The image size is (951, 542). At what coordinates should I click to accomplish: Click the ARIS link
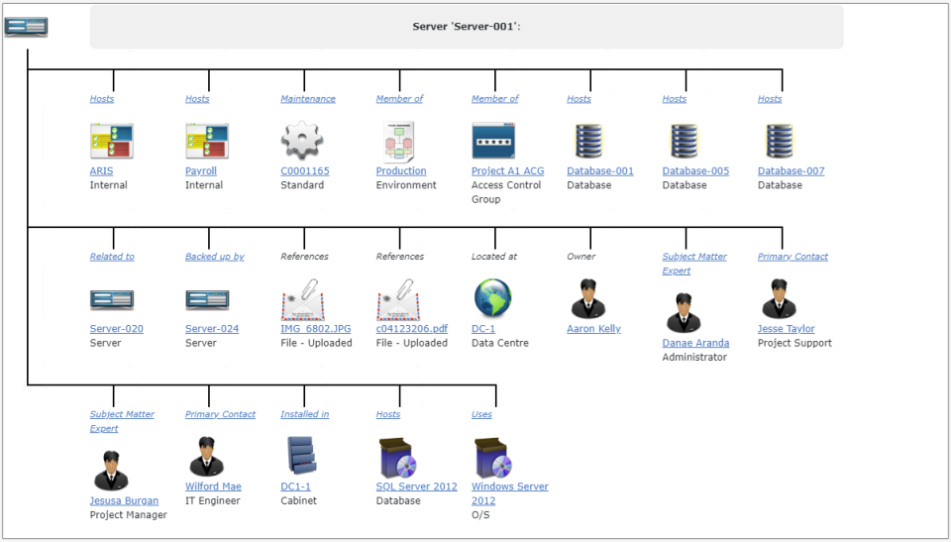coord(101,171)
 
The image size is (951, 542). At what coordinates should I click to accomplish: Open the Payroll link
coord(201,171)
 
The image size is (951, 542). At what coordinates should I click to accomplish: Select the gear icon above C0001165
coord(302,141)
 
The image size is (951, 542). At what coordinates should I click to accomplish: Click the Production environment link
coord(401,171)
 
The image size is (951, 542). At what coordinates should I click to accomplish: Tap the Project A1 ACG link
coord(507,171)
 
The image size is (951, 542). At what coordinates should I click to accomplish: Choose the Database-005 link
coord(695,171)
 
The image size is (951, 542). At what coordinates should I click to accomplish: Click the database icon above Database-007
coord(782,141)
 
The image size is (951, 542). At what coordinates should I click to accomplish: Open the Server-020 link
coord(116,329)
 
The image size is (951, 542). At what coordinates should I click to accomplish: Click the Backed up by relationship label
coord(215,257)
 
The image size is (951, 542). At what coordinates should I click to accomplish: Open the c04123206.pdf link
coord(411,329)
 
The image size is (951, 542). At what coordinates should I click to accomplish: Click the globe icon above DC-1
coord(492,298)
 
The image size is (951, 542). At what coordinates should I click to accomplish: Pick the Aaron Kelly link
coord(593,329)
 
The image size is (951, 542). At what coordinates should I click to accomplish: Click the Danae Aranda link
coord(695,343)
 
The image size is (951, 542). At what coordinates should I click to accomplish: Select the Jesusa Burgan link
coord(124,501)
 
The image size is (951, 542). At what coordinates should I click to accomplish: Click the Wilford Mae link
coord(213,487)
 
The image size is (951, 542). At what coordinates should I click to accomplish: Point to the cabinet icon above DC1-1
coord(301,456)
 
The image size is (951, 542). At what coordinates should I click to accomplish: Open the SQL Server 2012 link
coord(416,487)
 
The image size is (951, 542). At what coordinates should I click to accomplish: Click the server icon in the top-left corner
coord(26,27)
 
